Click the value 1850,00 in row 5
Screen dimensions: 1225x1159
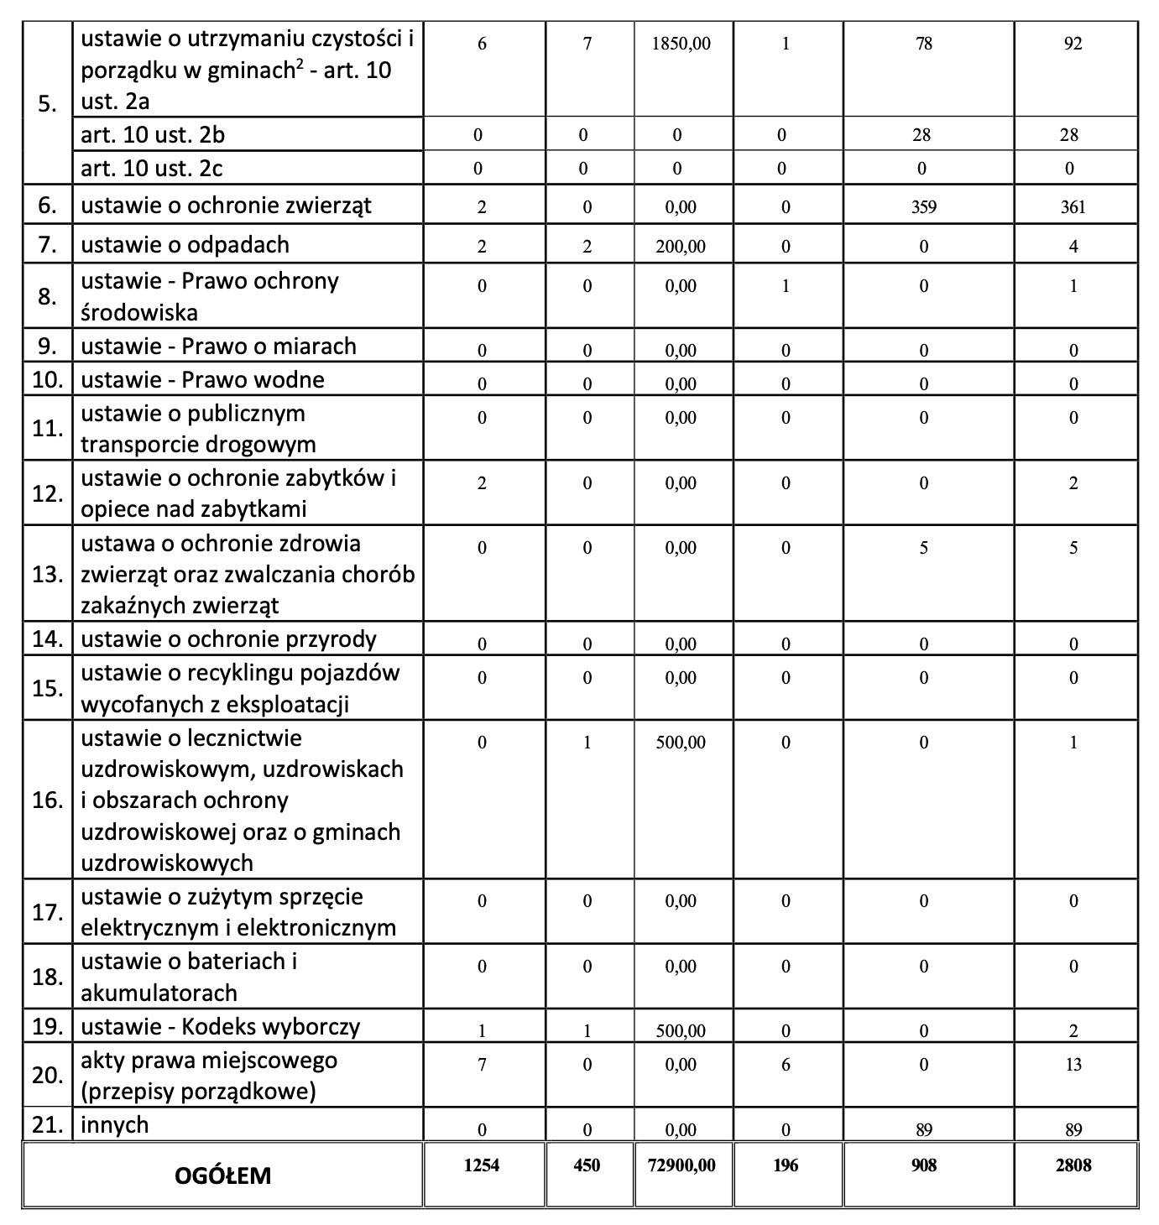[681, 44]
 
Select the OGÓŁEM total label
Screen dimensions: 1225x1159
[222, 1175]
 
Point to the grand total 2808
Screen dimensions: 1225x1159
[1073, 1165]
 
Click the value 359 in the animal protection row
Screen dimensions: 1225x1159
[924, 206]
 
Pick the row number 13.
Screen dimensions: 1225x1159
[48, 575]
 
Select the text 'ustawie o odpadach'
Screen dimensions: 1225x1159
[185, 245]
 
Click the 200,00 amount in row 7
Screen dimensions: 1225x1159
[681, 247]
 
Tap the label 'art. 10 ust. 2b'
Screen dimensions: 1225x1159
[153, 135]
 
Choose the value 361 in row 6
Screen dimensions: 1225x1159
[1073, 206]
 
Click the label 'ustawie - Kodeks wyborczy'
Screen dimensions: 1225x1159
[220, 1026]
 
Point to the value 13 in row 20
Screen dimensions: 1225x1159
[1073, 1065]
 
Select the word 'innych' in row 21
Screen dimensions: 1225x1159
[114, 1125]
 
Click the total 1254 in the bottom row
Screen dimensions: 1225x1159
[482, 1165]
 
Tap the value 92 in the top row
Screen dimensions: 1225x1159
[1073, 44]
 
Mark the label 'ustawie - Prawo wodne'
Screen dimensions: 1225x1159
[202, 380]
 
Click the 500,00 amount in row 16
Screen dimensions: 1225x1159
[681, 743]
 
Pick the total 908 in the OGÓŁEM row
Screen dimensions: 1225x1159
[924, 1165]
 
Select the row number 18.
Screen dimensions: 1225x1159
[48, 977]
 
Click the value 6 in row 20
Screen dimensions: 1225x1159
[786, 1065]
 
